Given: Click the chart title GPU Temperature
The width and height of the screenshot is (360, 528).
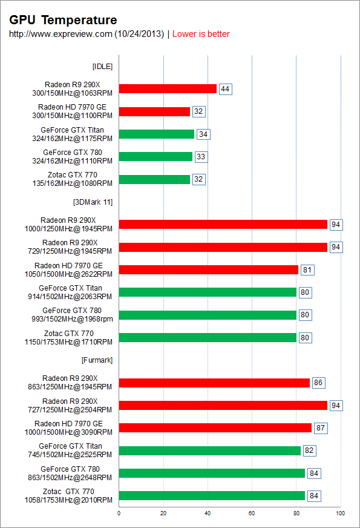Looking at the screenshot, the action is (63, 20).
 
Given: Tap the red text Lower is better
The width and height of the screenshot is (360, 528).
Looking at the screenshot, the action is (201, 34).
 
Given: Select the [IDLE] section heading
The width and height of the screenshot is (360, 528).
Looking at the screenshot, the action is (103, 67).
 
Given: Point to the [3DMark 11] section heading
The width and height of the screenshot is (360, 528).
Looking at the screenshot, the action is (93, 202).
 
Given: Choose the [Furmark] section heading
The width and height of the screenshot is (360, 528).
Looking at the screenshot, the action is (97, 360).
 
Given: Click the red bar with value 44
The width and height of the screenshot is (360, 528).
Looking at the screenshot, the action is (168, 88).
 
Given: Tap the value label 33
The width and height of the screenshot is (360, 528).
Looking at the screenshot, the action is (201, 157).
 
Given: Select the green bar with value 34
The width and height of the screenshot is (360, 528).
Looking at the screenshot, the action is (157, 134).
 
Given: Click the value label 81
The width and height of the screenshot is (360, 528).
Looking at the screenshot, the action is (307, 270).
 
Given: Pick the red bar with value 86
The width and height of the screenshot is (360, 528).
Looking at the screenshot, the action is (214, 383).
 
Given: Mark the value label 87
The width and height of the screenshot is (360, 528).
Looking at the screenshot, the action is (321, 428).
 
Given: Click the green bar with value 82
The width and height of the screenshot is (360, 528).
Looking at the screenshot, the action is (209, 450).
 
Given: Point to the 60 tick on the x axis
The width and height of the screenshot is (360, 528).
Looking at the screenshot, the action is (252, 513).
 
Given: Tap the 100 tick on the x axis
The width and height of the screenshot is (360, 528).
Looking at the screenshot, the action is (340, 513).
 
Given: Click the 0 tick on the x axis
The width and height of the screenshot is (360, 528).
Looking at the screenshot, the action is (119, 513).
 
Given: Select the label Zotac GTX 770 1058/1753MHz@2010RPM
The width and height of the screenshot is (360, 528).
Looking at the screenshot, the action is (68, 496).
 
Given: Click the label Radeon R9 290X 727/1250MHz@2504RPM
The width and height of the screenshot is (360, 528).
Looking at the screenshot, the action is (70, 406).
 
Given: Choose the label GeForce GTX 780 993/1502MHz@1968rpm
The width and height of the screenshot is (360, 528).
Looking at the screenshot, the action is (73, 315).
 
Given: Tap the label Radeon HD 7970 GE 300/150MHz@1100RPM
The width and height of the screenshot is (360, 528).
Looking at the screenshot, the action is (73, 111).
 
